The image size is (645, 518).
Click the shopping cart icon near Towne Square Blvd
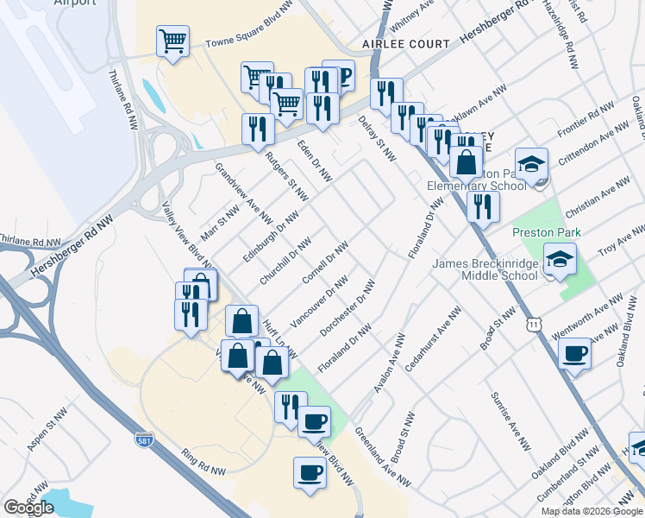click(172, 41)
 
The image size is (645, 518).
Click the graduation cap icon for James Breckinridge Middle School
click(560, 260)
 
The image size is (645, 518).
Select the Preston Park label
click(547, 232)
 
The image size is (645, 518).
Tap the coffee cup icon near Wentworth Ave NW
click(574, 353)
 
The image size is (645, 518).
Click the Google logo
click(28, 508)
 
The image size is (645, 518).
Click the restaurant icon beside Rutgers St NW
click(258, 129)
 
